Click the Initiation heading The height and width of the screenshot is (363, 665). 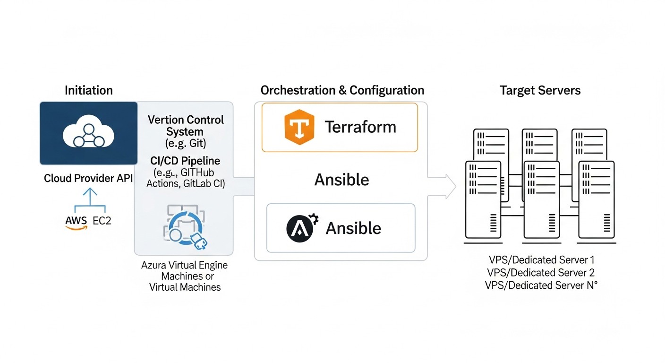pyautogui.click(x=89, y=90)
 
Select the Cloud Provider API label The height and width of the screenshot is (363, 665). pyautogui.click(x=88, y=179)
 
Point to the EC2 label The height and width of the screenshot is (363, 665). pyautogui.click(x=102, y=221)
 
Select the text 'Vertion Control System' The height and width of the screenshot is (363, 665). pyautogui.click(x=186, y=125)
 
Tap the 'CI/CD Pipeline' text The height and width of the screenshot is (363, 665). pyautogui.click(x=185, y=161)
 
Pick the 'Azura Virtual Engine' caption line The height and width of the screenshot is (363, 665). pyautogui.click(x=184, y=265)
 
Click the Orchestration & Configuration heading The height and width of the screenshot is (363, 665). pyautogui.click(x=342, y=90)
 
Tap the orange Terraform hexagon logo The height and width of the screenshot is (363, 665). pyautogui.click(x=299, y=127)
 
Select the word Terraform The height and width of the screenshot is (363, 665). pyautogui.click(x=360, y=127)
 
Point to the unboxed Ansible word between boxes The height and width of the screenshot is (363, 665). pyautogui.click(x=341, y=180)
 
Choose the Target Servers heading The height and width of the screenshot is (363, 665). pyautogui.click(x=540, y=90)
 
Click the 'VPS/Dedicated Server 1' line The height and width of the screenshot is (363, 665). pyautogui.click(x=542, y=259)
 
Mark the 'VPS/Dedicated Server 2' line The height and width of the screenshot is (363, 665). pyautogui.click(x=542, y=272)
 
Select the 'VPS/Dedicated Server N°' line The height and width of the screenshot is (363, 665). pyautogui.click(x=542, y=285)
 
